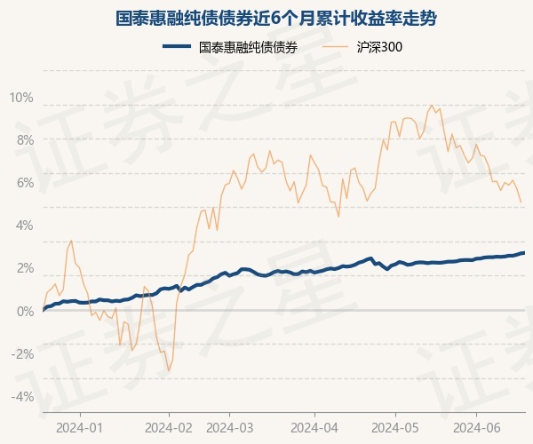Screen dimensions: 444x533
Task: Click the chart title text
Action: coord(266,18)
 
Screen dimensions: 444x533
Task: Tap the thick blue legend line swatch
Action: coord(177,47)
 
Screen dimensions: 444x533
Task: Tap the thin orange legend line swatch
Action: coord(338,47)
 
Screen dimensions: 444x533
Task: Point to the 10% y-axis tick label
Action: coord(21,97)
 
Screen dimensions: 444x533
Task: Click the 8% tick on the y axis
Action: coord(24,139)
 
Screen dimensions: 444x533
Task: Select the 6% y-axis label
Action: coord(24,182)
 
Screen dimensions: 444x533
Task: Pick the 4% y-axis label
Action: coord(24,225)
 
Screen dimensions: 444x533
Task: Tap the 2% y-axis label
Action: coord(24,267)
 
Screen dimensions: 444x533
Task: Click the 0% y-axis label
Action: coord(24,311)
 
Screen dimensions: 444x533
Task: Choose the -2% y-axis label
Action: coord(22,353)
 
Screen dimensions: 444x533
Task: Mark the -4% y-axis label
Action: coord(22,396)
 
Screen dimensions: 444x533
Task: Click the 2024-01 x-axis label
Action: coord(80,427)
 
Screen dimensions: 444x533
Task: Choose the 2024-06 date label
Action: coord(477,427)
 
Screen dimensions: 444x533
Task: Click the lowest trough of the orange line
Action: coord(168,371)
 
